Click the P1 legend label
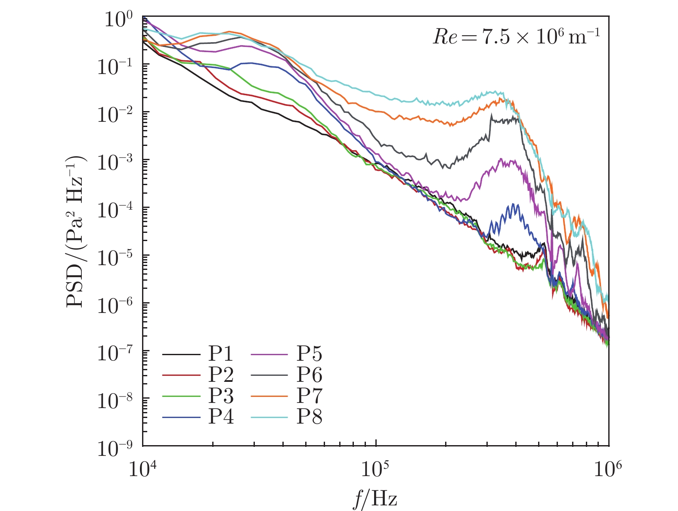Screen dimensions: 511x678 (221, 355)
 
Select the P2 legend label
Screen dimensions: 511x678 (221, 376)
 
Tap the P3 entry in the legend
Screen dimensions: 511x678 (221, 396)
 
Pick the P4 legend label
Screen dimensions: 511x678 (221, 417)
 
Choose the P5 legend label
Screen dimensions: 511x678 (310, 355)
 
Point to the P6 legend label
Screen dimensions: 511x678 (310, 376)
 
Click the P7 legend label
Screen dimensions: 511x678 (310, 396)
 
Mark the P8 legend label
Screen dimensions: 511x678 (310, 417)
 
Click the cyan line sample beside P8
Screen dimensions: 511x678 (269, 417)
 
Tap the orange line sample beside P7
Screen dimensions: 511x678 (269, 396)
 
